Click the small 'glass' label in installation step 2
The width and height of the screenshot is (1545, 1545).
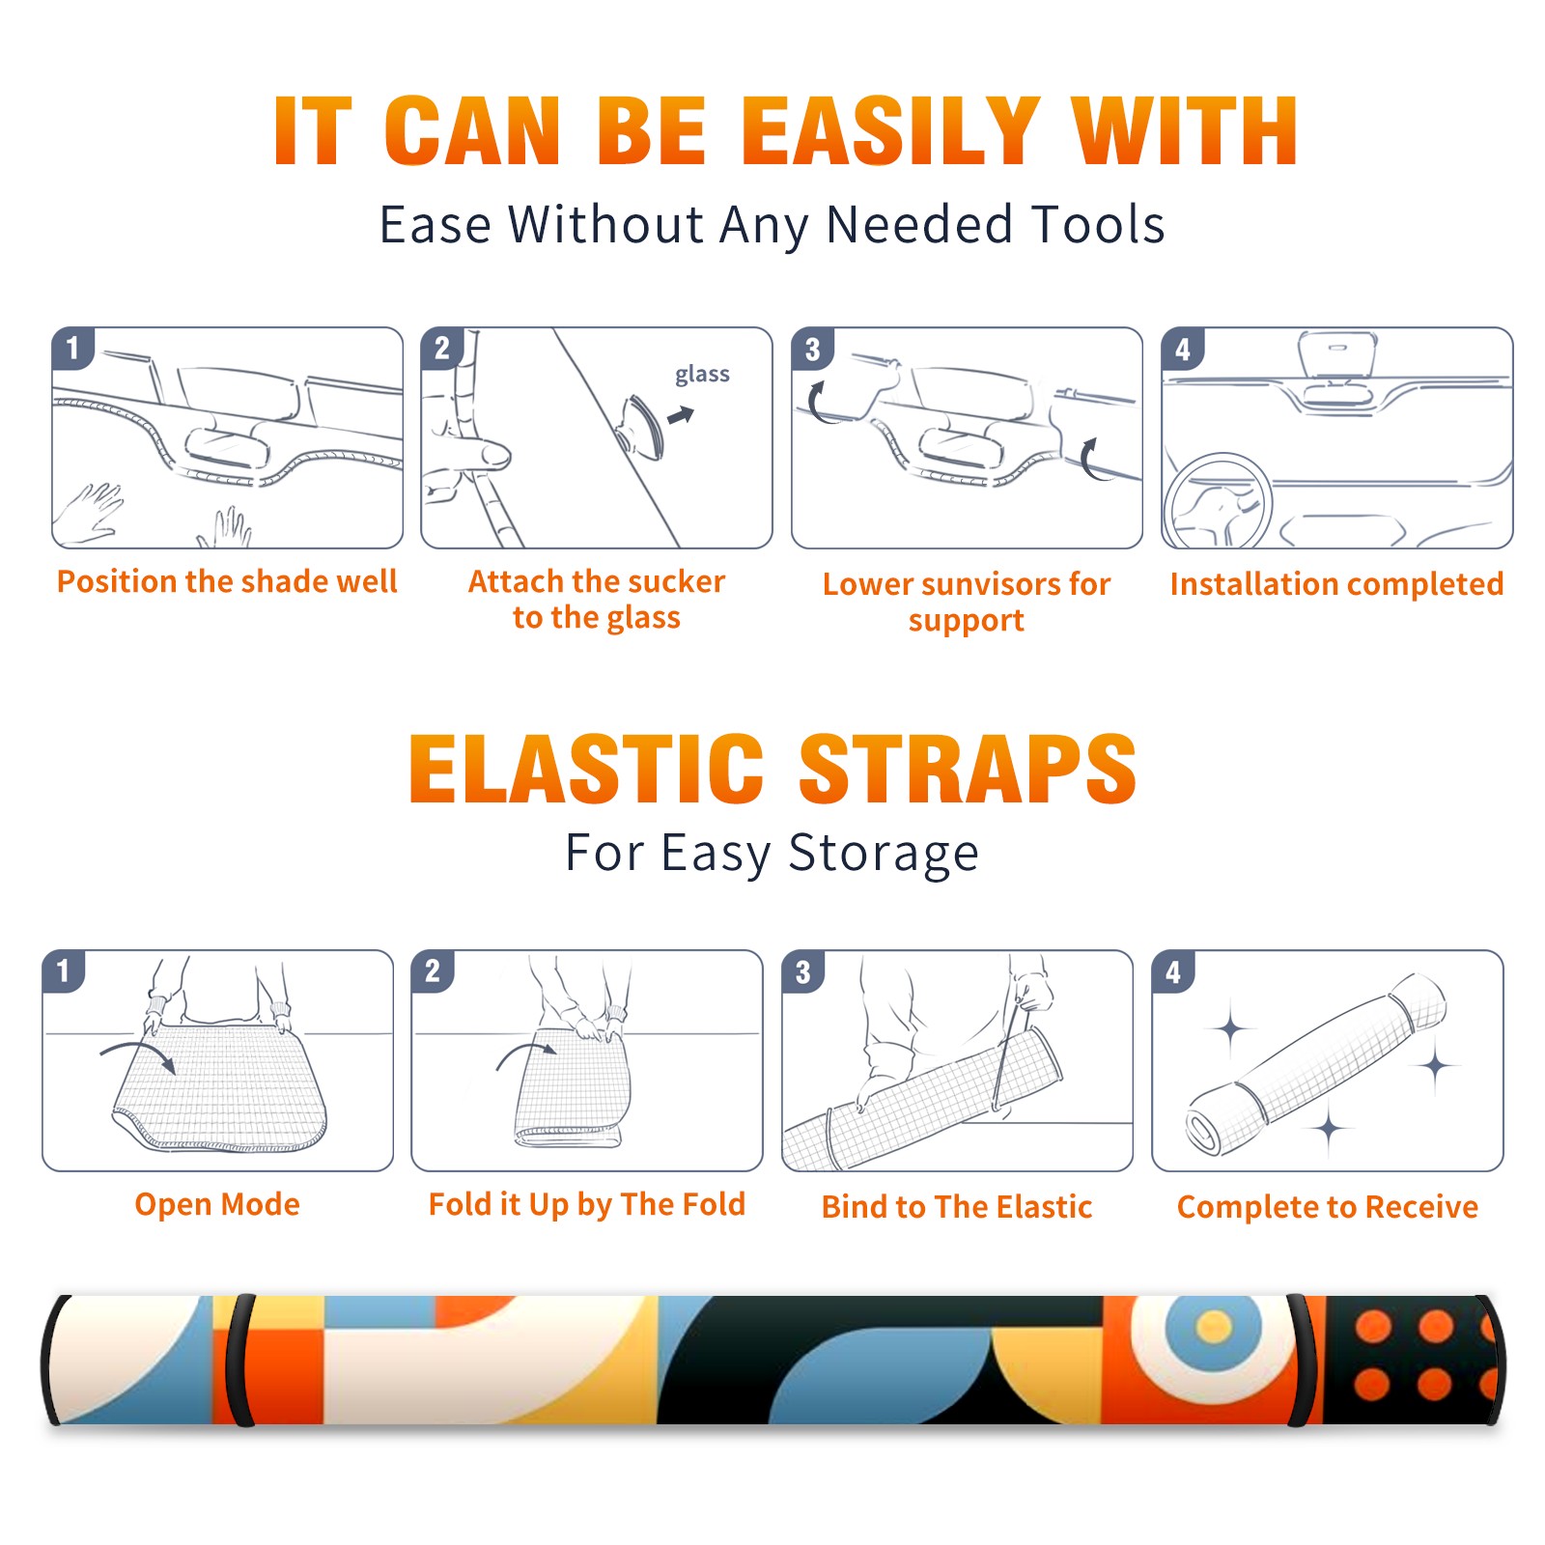tap(702, 375)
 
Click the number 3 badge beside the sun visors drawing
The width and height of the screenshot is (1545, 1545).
tap(812, 349)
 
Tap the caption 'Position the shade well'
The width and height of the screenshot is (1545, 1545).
tap(227, 581)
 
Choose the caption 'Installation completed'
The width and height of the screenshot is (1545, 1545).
tap(1336, 583)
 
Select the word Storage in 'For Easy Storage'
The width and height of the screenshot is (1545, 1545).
tap(883, 854)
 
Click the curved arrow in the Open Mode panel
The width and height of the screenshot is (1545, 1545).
tap(139, 1053)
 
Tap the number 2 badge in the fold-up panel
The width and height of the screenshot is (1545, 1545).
tap(433, 970)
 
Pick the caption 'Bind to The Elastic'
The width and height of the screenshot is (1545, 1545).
tap(956, 1206)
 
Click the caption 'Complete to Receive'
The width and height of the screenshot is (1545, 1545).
tap(1327, 1206)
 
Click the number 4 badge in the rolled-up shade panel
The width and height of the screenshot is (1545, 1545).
tap(1173, 971)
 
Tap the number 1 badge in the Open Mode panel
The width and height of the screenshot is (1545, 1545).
tap(64, 970)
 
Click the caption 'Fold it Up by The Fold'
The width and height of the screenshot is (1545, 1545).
tap(587, 1204)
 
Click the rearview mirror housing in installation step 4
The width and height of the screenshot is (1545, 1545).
tap(1337, 353)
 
